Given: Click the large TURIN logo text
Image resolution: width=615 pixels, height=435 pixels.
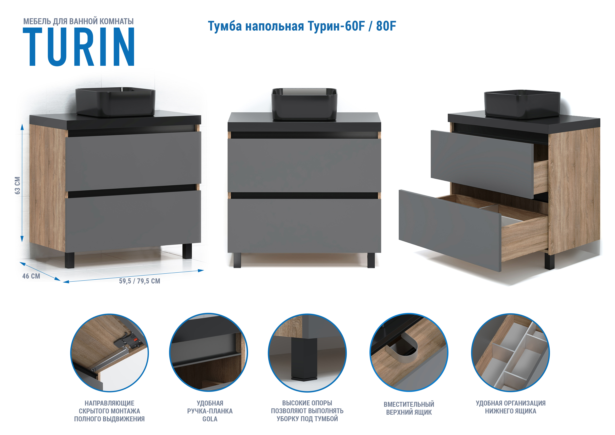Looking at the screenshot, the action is tap(79, 47).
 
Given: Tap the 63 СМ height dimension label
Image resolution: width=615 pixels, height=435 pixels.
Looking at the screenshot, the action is tap(17, 185).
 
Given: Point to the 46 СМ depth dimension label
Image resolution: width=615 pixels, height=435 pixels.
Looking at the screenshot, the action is tap(31, 276).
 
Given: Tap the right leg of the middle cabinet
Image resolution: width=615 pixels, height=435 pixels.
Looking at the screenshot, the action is tap(371, 260).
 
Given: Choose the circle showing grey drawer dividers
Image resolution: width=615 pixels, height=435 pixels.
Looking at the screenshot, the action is tap(510, 353).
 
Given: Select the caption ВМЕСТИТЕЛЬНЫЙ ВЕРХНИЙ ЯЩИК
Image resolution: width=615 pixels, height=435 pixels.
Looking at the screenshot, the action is tap(409, 408).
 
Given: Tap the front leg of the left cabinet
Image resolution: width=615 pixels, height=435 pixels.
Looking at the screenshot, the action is tap(70, 260).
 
